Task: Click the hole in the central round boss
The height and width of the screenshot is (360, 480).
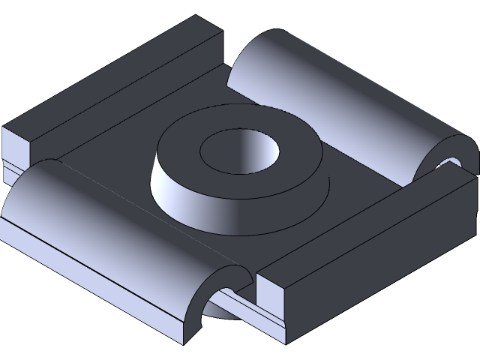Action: click(238, 149)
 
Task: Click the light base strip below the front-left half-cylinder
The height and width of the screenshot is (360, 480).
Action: click(90, 285)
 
